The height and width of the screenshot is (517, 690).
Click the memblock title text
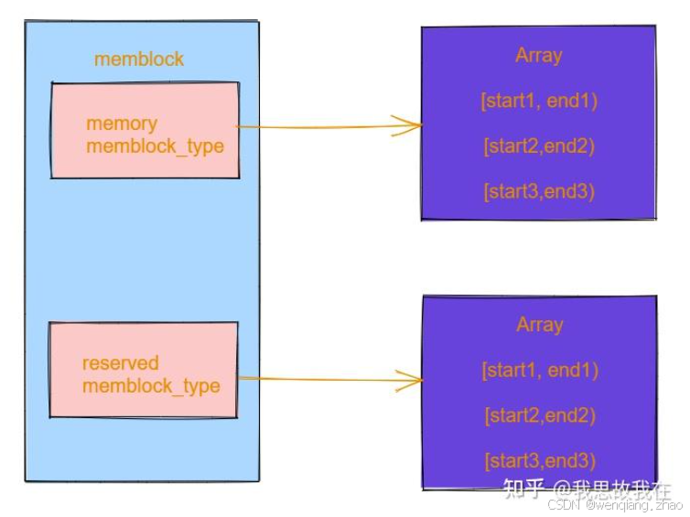[x=139, y=59]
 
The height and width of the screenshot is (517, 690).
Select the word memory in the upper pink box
[x=122, y=124]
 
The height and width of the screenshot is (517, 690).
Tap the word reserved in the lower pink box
[x=121, y=363]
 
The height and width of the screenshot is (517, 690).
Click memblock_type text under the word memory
[x=155, y=146]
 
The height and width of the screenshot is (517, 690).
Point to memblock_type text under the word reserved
[x=151, y=385]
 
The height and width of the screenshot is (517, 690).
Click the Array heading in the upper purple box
[x=538, y=56]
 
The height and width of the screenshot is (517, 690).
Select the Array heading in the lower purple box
[x=539, y=325]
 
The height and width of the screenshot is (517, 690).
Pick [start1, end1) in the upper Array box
[x=539, y=101]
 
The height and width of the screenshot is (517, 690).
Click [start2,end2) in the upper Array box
[x=539, y=146]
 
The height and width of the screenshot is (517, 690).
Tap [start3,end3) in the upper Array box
[x=539, y=191]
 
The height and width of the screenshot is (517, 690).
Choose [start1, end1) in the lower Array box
[x=540, y=370]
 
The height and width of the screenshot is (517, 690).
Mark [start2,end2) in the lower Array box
[x=540, y=415]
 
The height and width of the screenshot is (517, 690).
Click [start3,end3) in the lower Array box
[x=540, y=460]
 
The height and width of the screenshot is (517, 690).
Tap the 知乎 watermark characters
[x=525, y=489]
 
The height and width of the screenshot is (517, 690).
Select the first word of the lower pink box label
[x=121, y=363]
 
